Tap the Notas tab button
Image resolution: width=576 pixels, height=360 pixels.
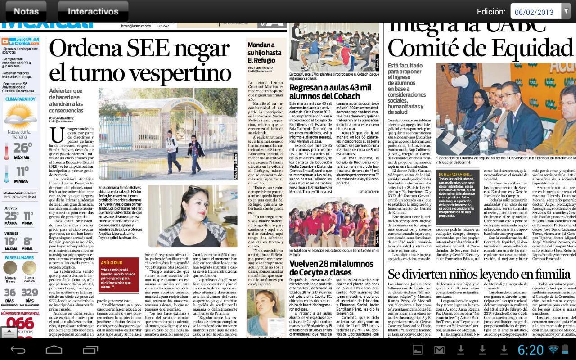point(26,11)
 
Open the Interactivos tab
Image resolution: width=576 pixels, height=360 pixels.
point(93,11)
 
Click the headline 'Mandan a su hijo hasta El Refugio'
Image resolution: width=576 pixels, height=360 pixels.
point(265,53)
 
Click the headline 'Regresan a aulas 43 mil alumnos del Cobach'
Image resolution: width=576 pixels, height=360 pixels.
point(331,92)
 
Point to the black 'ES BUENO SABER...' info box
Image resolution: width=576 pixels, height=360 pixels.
point(457,194)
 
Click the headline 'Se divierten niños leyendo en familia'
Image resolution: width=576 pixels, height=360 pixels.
point(479,274)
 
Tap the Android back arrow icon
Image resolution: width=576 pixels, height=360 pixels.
point(18,350)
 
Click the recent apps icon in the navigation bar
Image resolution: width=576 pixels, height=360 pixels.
point(90,350)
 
